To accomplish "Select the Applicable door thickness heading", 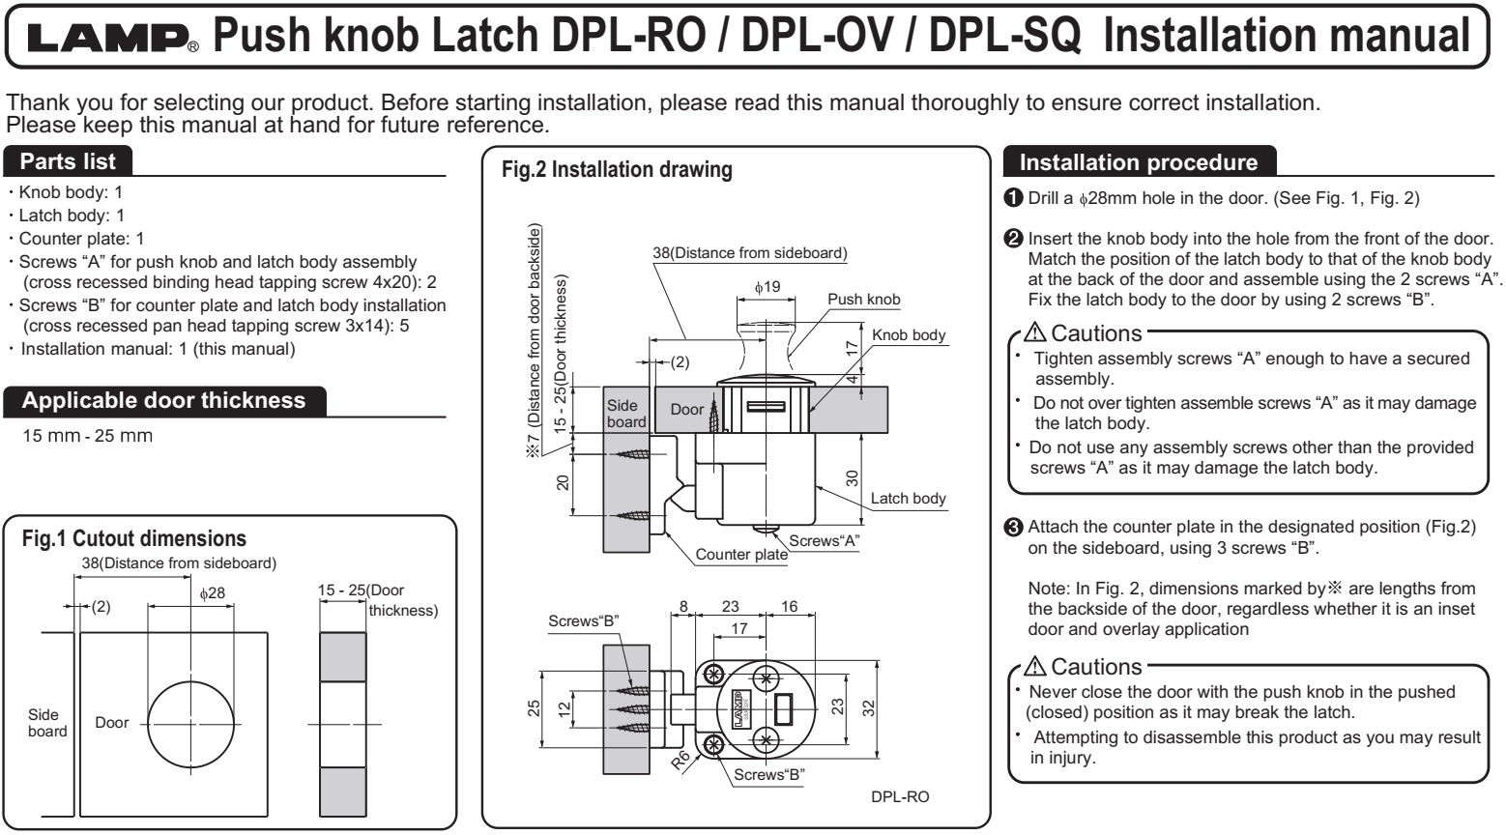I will click(162, 400).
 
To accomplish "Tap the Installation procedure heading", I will click(1139, 162).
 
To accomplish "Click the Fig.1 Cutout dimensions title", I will click(133, 538).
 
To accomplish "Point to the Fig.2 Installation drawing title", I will click(617, 170).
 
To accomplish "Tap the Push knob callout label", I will click(863, 300).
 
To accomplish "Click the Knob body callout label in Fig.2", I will click(909, 335).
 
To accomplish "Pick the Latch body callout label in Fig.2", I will click(908, 499).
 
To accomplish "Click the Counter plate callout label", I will click(741, 555).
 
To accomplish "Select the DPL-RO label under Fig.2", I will click(900, 796).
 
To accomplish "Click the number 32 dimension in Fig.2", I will click(868, 706).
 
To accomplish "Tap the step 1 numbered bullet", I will click(1013, 198).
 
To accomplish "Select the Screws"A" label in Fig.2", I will click(824, 540).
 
